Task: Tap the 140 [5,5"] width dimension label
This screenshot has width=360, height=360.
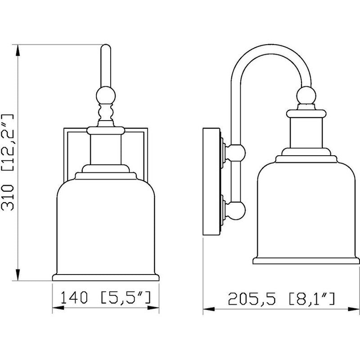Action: click(x=106, y=297)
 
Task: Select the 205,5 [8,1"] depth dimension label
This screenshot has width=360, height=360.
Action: click(x=281, y=297)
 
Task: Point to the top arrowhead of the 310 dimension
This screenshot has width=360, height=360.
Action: click(x=18, y=49)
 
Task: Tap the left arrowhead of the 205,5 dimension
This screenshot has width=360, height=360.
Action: click(x=207, y=309)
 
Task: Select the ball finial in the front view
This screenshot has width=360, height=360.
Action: click(x=106, y=95)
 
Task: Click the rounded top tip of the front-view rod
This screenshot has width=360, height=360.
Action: click(x=106, y=47)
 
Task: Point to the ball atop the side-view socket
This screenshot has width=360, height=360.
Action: click(x=306, y=95)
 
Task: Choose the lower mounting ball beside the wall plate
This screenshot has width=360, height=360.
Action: click(x=235, y=210)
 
